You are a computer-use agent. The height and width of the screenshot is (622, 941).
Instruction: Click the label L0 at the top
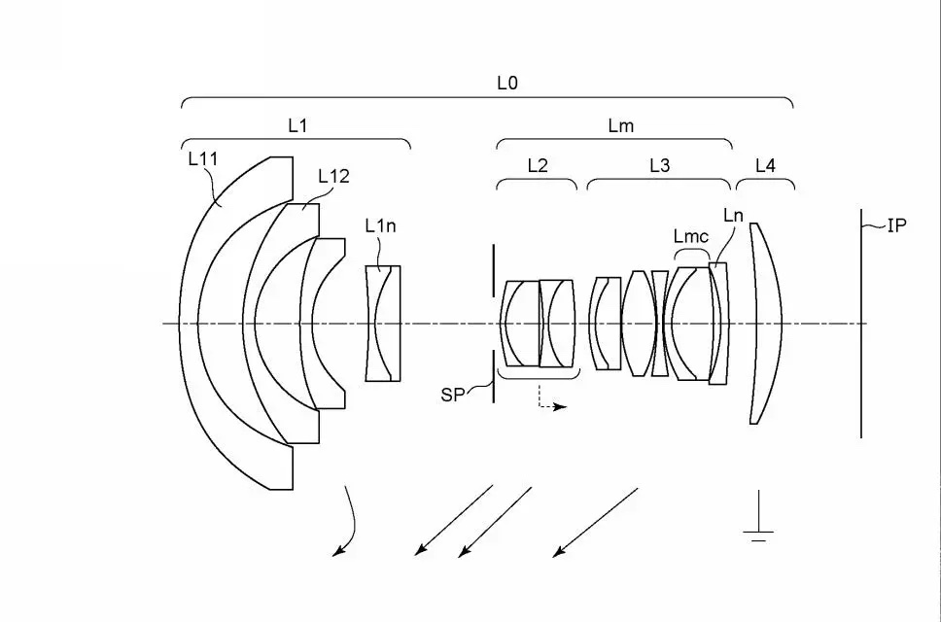pyautogui.click(x=507, y=83)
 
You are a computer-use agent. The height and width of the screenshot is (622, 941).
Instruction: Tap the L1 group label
pyautogui.click(x=297, y=125)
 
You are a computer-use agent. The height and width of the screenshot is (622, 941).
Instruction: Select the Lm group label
pyautogui.click(x=620, y=125)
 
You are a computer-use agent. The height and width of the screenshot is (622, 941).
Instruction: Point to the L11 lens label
pyautogui.click(x=202, y=158)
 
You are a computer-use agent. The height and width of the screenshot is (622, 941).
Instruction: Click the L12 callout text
pyautogui.click(x=333, y=176)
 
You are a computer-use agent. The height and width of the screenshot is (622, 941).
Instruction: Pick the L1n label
pyautogui.click(x=380, y=225)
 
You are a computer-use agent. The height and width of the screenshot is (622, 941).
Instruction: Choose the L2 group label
pyautogui.click(x=538, y=165)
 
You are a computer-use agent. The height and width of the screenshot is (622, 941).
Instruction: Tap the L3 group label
pyautogui.click(x=659, y=165)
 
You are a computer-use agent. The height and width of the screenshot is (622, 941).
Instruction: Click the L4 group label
pyautogui.click(x=765, y=165)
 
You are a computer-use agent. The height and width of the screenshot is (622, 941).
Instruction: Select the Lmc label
pyautogui.click(x=691, y=236)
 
